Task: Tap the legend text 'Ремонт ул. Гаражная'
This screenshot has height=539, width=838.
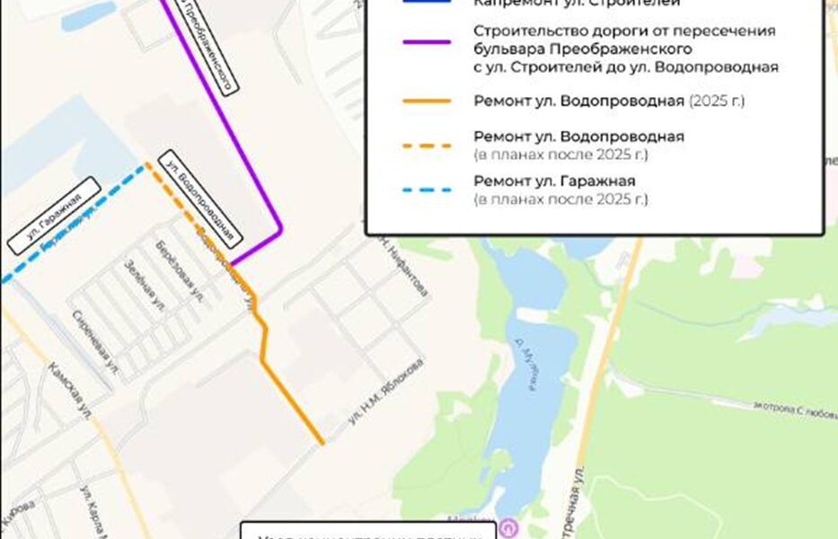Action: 554,181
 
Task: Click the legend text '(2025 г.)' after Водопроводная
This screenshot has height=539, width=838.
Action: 717,101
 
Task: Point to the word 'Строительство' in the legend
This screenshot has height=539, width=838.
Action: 518,31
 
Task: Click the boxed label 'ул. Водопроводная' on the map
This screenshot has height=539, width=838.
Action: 199,199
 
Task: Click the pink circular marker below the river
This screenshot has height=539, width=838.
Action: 511,526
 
